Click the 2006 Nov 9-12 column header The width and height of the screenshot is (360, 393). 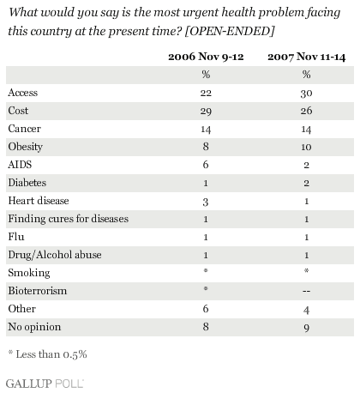click(x=206, y=57)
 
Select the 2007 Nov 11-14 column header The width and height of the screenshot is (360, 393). click(x=307, y=57)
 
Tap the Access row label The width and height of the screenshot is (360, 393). click(x=23, y=93)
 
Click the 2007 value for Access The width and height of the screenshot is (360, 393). click(x=306, y=94)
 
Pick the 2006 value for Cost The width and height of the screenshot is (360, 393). click(x=206, y=112)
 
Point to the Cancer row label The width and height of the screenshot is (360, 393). click(x=24, y=129)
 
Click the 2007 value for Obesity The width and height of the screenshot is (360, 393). click(x=306, y=147)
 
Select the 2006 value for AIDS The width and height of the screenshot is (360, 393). click(x=206, y=165)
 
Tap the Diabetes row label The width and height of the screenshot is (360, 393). click(x=27, y=183)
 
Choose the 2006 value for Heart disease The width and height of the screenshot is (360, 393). click(x=206, y=202)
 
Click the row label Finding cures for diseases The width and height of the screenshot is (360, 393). click(x=69, y=219)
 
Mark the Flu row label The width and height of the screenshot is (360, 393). click(x=16, y=237)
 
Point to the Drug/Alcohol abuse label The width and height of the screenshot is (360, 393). click(x=55, y=255)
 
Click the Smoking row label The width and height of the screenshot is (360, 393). click(x=29, y=273)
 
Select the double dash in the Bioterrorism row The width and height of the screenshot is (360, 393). click(x=306, y=291)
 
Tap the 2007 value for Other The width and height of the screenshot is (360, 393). click(x=306, y=310)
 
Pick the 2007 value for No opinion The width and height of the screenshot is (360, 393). click(x=306, y=328)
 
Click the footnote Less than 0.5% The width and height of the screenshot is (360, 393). click(x=48, y=354)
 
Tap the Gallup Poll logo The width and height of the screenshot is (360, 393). click(x=45, y=384)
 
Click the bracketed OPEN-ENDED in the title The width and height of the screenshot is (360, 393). click(x=230, y=31)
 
